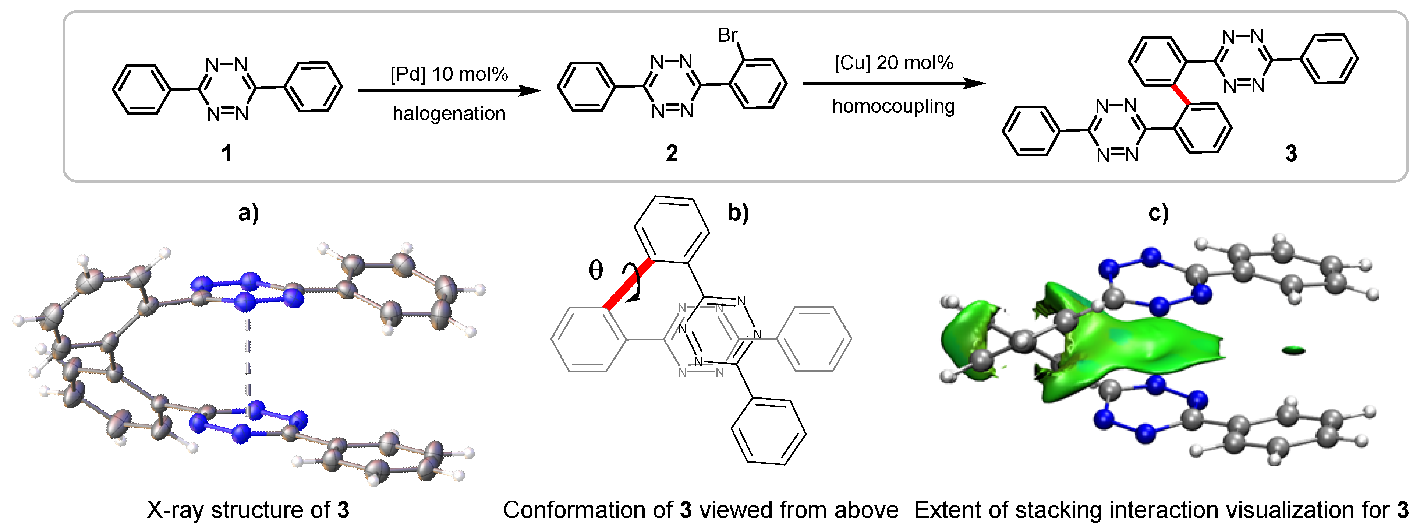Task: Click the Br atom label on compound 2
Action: (x=727, y=35)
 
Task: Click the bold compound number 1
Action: (x=226, y=153)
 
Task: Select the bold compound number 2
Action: (x=672, y=153)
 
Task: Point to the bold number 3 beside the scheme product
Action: (x=1291, y=153)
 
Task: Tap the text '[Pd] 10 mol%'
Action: (x=449, y=74)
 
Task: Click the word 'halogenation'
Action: (x=449, y=113)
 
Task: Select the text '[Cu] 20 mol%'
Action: (x=893, y=63)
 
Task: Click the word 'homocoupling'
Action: (x=893, y=106)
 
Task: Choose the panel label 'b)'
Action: (x=738, y=212)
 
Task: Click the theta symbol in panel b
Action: (x=596, y=270)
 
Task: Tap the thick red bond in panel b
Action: (x=629, y=284)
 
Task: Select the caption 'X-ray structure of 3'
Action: (x=248, y=510)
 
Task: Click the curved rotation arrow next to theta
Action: (x=634, y=281)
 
